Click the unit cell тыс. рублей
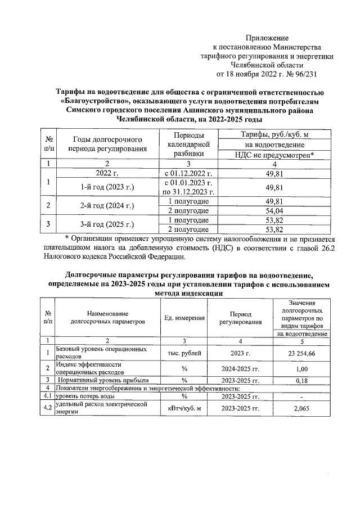(x=184, y=353)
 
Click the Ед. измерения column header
(x=184, y=318)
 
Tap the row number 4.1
(x=48, y=396)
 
